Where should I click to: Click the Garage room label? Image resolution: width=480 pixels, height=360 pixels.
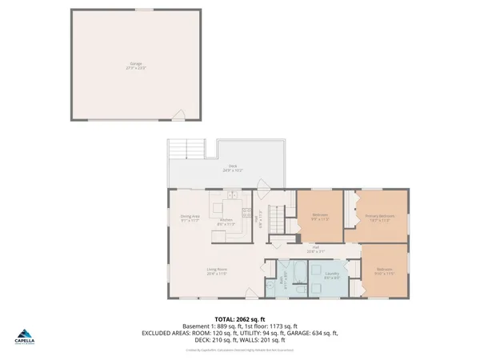(136, 64)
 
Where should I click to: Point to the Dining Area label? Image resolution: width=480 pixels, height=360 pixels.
(190, 218)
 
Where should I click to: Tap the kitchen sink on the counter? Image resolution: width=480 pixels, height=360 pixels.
(230, 194)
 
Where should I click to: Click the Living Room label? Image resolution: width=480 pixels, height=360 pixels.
(217, 271)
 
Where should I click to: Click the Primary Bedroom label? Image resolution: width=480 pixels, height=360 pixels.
(378, 218)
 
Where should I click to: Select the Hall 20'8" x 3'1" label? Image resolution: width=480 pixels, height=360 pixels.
(316, 250)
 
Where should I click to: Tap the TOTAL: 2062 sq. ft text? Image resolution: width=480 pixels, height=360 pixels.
(239, 318)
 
